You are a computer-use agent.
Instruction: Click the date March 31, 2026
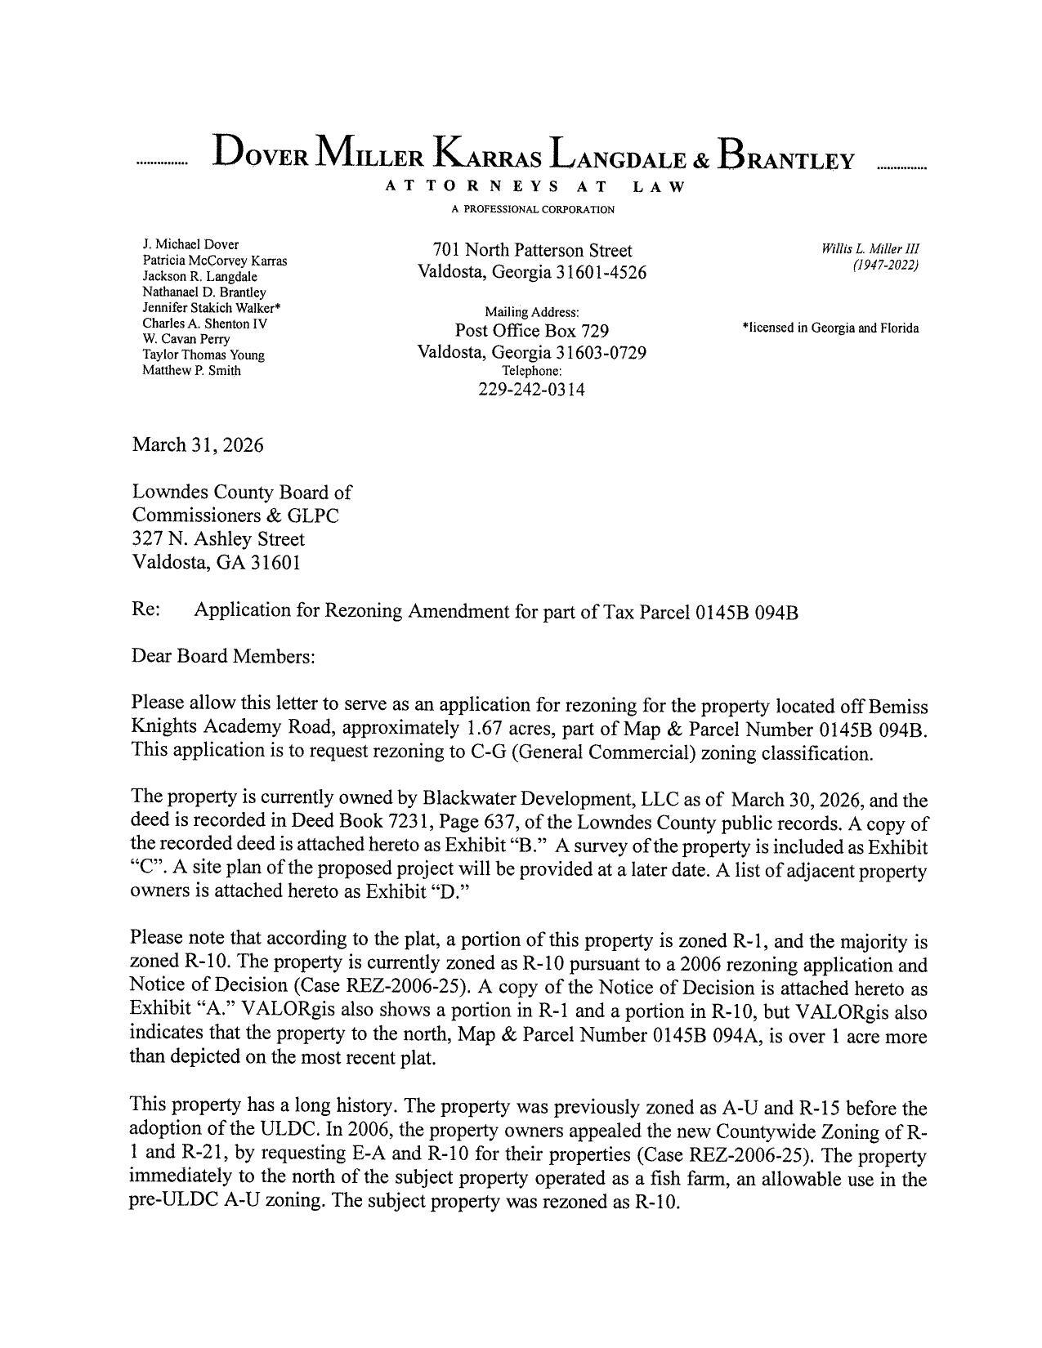point(198,445)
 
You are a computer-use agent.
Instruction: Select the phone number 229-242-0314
point(531,390)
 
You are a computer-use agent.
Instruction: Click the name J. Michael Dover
point(190,244)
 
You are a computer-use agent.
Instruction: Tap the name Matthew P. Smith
point(191,370)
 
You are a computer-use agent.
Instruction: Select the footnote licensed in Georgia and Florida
point(830,328)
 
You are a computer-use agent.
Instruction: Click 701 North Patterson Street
point(532,250)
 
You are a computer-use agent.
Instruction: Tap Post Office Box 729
point(531,331)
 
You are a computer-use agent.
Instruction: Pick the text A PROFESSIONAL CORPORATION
point(533,210)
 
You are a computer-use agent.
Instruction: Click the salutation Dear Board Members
point(222,657)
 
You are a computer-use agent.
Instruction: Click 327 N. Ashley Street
point(218,539)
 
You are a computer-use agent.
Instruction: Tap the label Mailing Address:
point(532,312)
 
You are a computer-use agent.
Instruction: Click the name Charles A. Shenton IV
point(205,324)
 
